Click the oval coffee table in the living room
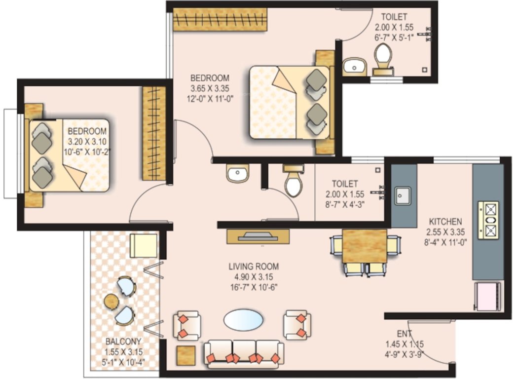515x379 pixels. click(x=243, y=320)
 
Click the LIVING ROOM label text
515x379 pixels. click(x=254, y=267)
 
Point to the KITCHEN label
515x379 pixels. click(x=445, y=222)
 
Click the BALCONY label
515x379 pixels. click(x=123, y=341)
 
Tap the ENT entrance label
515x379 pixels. click(x=405, y=334)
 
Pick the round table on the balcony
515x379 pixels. click(x=111, y=301)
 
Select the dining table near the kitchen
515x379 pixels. click(x=365, y=246)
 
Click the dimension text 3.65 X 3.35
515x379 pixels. click(x=210, y=89)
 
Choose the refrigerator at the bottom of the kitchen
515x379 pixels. click(x=488, y=297)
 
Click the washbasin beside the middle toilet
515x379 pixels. click(x=238, y=174)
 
